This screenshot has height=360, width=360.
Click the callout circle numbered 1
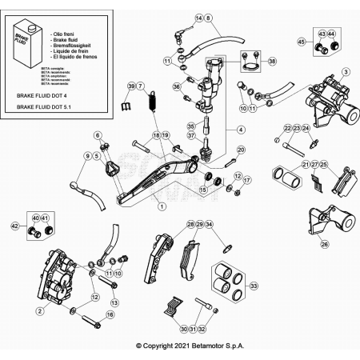pos(162,206)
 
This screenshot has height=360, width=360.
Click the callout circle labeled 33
pos(254,285)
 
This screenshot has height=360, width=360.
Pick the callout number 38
pos(272,62)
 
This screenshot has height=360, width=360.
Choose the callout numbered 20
pos(241,150)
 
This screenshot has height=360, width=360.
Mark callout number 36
pos(176,86)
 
